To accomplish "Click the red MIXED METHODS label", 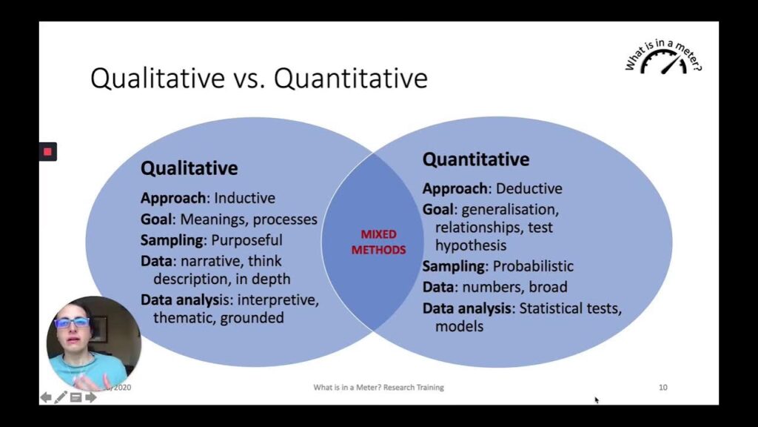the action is (378, 242).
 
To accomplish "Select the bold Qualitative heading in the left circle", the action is (189, 168).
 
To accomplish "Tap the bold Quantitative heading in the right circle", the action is (476, 159).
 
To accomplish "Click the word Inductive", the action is (244, 198).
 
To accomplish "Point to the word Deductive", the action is (529, 188).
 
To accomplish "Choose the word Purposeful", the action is (246, 240).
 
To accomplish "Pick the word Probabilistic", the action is (533, 266).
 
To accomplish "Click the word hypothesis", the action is (471, 245).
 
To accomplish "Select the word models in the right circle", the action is (459, 326).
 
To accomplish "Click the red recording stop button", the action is (48, 151).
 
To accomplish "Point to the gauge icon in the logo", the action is (664, 63).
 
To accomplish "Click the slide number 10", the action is (663, 387).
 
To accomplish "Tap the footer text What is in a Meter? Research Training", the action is (378, 387).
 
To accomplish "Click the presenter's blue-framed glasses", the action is (72, 322).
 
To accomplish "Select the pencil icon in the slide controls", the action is (61, 397).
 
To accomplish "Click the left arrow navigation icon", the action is (46, 397).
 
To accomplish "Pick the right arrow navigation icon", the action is (91, 397).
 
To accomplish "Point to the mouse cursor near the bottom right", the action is (597, 400).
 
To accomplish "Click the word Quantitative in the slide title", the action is (350, 78).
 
